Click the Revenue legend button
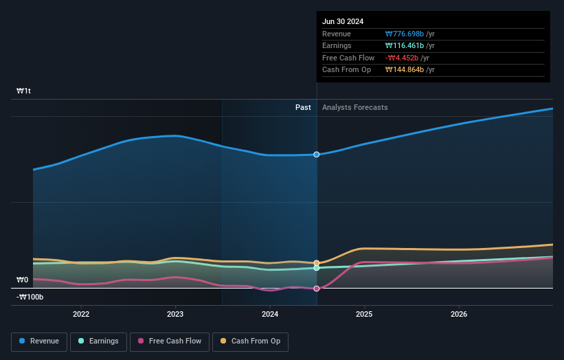39,341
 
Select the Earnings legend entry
98,341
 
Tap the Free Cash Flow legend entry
170,341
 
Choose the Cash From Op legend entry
251,341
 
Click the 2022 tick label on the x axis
81,314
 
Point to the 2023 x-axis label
175,314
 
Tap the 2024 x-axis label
270,314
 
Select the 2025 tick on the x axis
364,314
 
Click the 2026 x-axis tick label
459,314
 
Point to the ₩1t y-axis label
24,91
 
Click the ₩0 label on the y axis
23,280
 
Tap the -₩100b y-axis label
30,297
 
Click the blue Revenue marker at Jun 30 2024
317,155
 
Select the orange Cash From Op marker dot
317,263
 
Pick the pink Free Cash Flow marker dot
317,289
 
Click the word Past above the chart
303,107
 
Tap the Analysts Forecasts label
354,107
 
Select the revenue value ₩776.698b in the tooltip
409,34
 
